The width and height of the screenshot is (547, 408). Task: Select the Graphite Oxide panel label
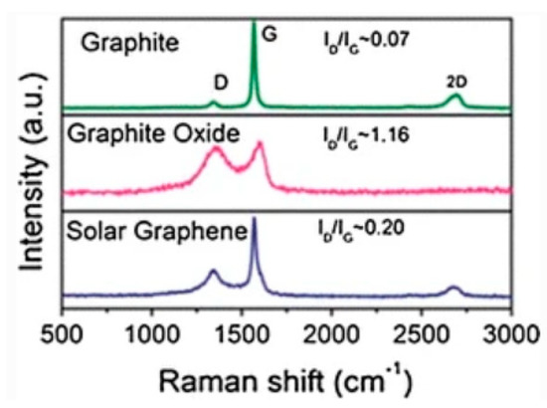click(x=148, y=133)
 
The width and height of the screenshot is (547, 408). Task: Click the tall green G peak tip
click(x=255, y=22)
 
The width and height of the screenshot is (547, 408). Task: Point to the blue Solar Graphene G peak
click(x=255, y=221)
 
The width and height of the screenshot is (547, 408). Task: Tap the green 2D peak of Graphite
click(x=455, y=96)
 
